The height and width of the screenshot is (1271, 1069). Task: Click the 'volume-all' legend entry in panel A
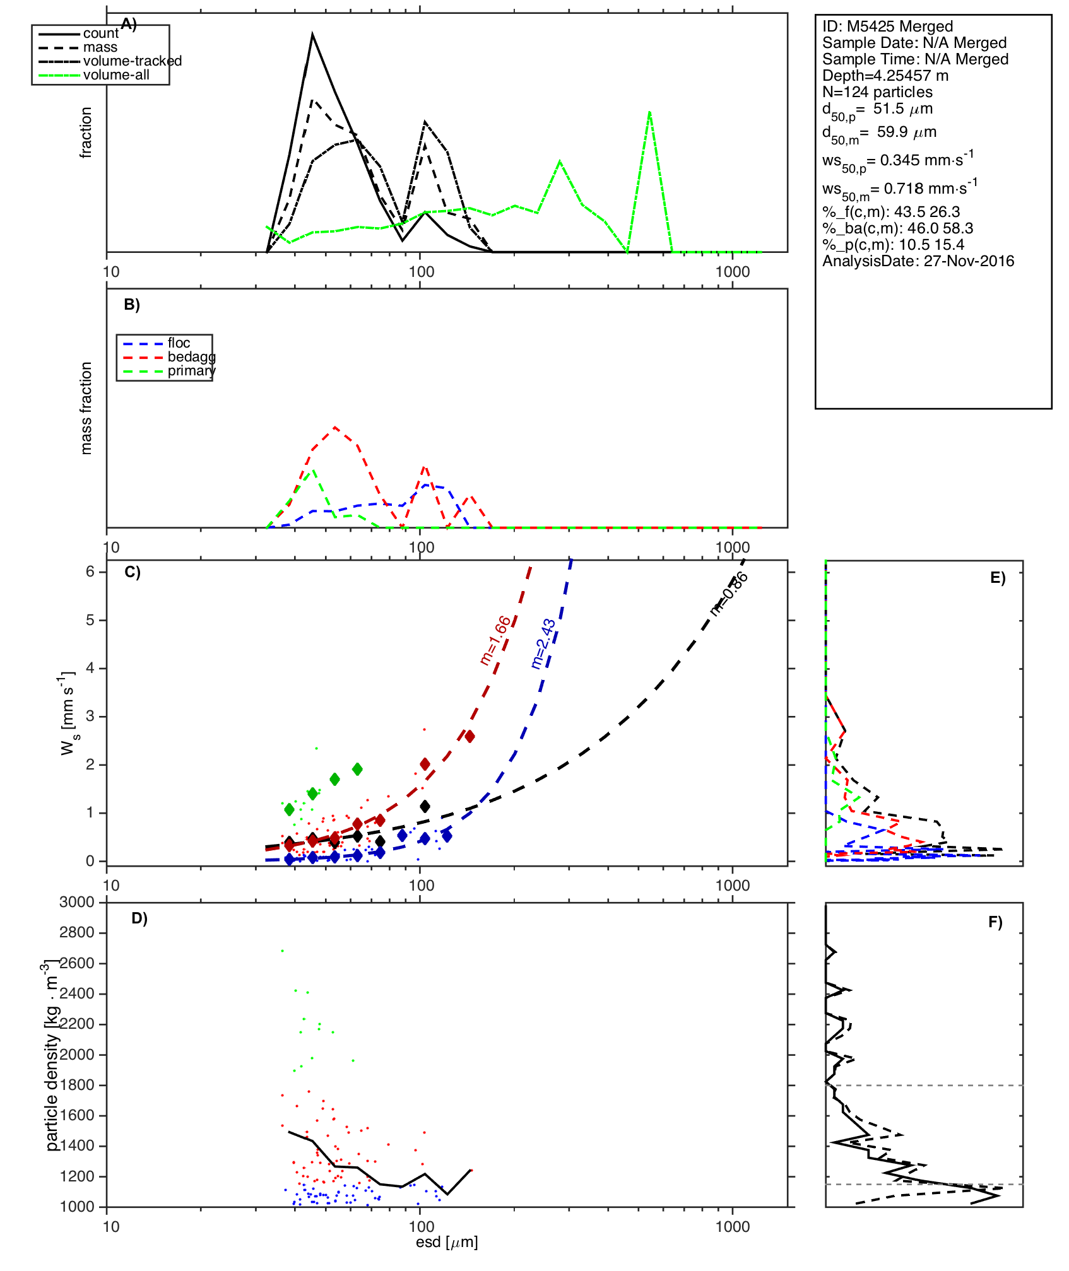pos(116,75)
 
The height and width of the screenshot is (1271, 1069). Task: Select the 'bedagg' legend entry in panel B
pos(191,357)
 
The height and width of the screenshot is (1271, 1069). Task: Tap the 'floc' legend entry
pos(179,343)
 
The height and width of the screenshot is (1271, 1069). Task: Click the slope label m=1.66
pos(495,640)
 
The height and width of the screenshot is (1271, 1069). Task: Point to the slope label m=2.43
pos(543,643)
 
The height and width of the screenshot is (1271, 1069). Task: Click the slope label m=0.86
pos(729,594)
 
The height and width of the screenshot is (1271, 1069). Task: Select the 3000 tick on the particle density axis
pos(77,902)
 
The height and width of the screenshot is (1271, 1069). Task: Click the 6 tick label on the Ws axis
pos(90,571)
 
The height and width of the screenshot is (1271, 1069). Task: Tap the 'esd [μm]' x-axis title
pos(447,1242)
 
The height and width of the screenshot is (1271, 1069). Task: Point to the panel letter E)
pos(998,578)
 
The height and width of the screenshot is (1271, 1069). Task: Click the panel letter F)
pos(995,922)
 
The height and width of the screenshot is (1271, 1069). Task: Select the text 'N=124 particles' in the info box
pos(877,92)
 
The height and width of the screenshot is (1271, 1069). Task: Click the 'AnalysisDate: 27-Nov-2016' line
pos(918,261)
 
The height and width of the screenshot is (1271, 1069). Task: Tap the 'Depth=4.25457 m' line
pos(885,76)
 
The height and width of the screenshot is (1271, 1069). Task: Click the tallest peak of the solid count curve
pos(312,35)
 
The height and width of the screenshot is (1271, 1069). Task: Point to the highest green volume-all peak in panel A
pos(649,112)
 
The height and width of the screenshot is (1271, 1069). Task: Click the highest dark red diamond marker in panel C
pos(470,736)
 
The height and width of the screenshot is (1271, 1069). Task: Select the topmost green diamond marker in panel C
pos(357,769)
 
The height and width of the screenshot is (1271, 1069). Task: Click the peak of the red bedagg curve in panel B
pos(334,427)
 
